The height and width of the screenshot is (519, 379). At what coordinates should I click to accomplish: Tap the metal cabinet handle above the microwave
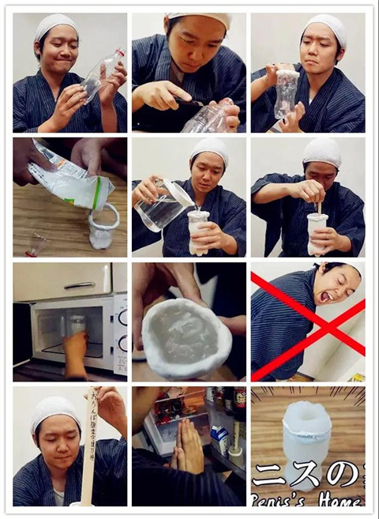pos(80,284)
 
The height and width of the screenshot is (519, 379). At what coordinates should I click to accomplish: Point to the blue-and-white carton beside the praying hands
pos(220,438)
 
